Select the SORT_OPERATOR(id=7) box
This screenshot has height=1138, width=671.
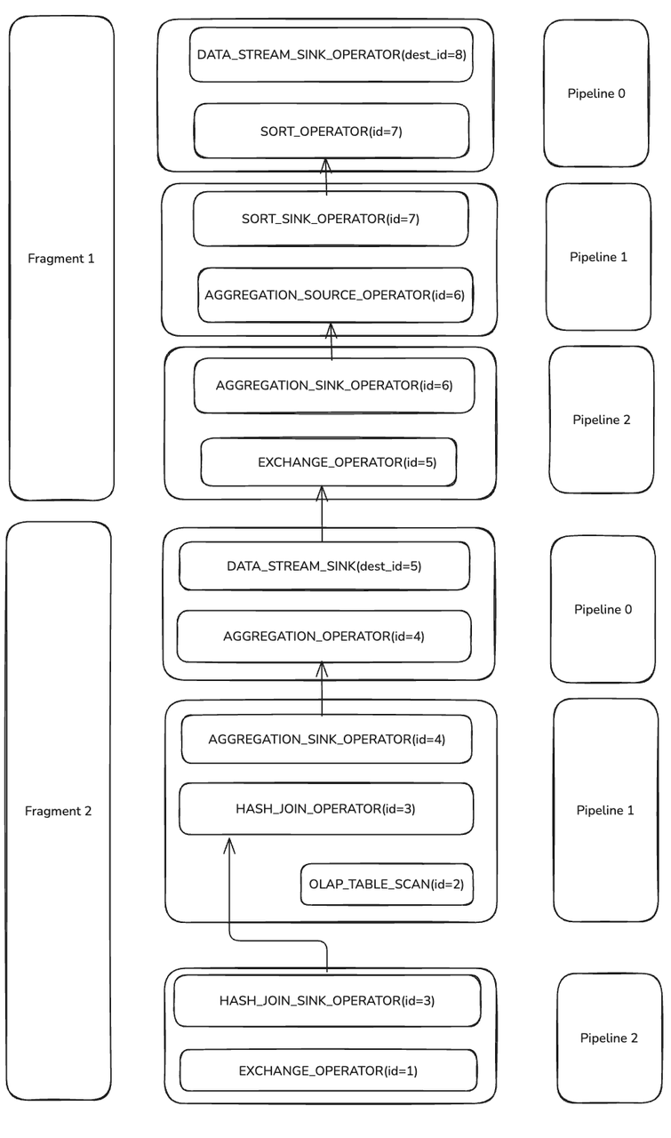click(332, 132)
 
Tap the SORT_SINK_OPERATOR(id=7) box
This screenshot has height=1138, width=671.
click(330, 219)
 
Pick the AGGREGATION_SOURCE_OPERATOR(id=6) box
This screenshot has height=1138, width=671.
click(335, 295)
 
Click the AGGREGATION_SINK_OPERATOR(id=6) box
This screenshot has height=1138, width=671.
click(334, 386)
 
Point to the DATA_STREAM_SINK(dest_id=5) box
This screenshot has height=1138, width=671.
click(324, 565)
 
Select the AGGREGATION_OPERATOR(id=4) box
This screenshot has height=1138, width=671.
click(324, 637)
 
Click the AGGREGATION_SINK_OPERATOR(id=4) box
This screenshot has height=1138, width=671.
click(326, 740)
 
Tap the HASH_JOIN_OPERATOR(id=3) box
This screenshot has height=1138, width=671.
click(325, 809)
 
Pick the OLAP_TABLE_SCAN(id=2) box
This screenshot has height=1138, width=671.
click(387, 885)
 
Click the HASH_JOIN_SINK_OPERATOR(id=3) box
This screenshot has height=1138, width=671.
click(327, 1001)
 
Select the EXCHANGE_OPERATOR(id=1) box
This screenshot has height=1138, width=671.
click(328, 1071)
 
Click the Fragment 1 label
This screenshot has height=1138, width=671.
click(61, 259)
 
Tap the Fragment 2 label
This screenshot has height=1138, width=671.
click(59, 811)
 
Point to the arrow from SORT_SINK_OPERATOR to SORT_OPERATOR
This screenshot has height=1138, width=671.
click(326, 178)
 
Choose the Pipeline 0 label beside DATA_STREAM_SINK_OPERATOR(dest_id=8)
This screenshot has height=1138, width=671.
click(596, 93)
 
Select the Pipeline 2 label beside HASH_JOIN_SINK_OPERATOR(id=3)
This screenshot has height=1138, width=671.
click(609, 1038)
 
